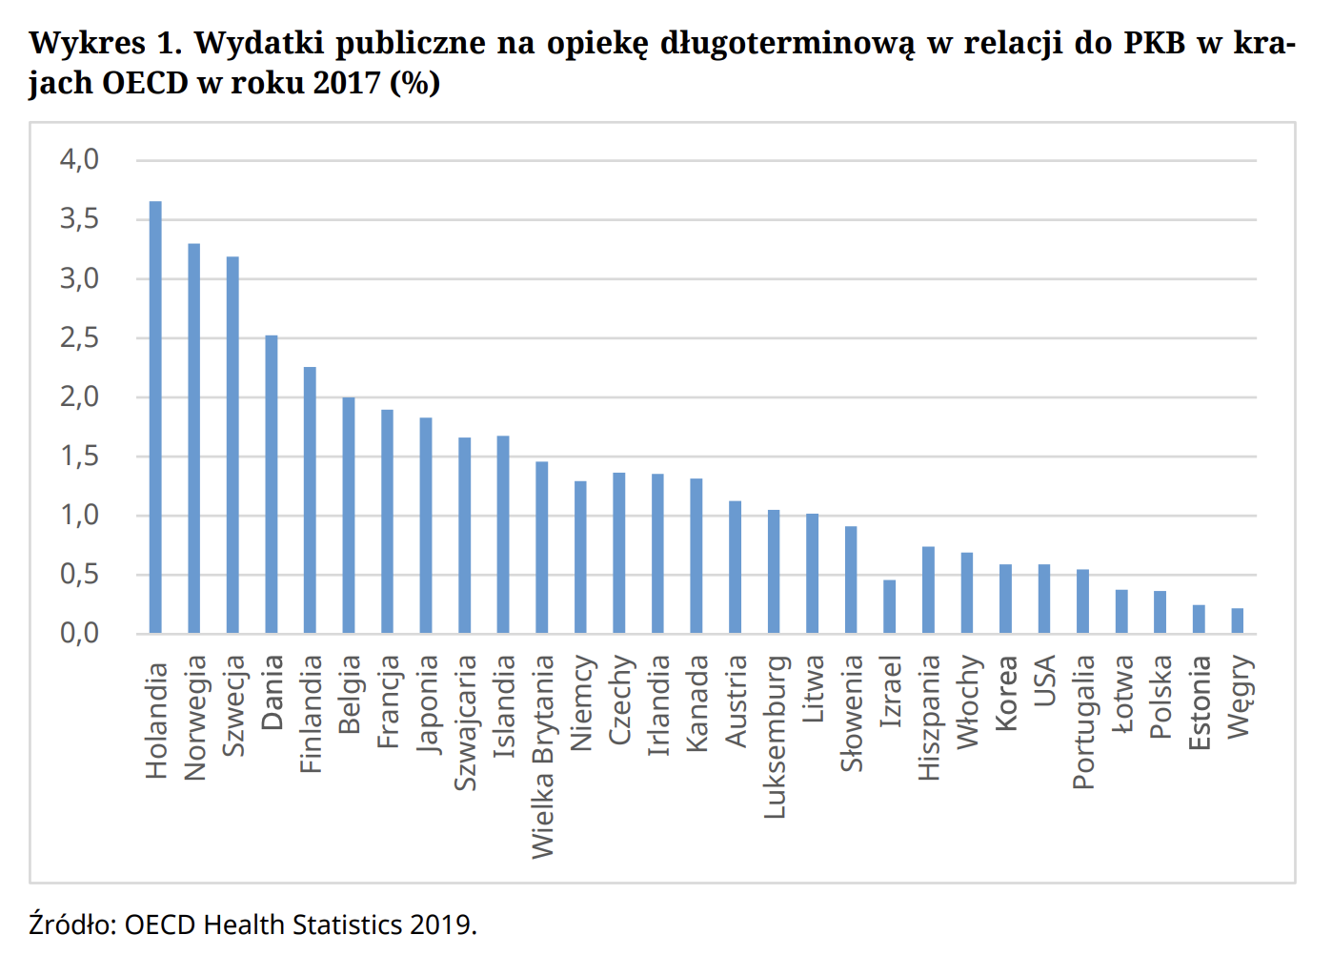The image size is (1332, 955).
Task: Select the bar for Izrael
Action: [x=889, y=606]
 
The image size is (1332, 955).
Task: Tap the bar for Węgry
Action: [x=1237, y=620]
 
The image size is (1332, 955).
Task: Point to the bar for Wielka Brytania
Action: [x=541, y=547]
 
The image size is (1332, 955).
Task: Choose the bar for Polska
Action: [x=1160, y=612]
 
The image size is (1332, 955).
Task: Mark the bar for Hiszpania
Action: [x=928, y=590]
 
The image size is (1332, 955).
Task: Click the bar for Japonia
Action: [x=426, y=525]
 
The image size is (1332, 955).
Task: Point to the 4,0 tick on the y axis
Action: [x=79, y=159]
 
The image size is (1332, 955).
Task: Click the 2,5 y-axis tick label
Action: [x=79, y=337]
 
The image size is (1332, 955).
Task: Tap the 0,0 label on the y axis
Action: [x=79, y=633]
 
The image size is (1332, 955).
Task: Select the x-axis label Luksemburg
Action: [x=775, y=736]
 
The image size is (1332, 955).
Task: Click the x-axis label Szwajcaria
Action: [x=465, y=722]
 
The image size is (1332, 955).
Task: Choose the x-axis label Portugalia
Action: [x=1083, y=721]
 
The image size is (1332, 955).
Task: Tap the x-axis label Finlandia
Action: [x=311, y=713]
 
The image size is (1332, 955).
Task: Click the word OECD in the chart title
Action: [x=145, y=83]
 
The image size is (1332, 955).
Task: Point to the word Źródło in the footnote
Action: [x=71, y=925]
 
